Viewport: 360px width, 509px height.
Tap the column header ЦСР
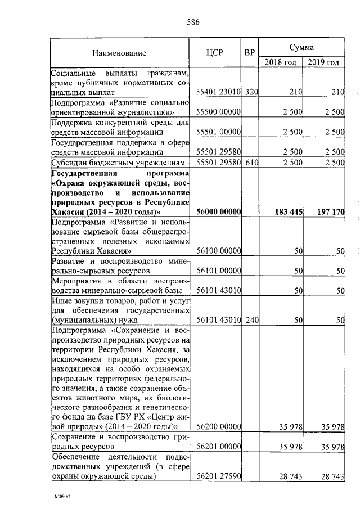click(215, 53)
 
